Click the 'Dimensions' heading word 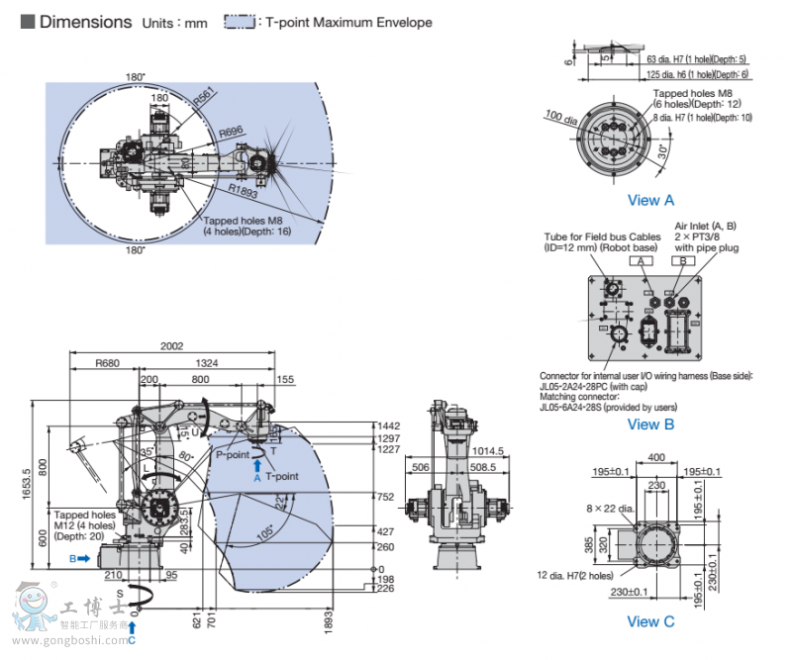(85, 21)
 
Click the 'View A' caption (650, 200)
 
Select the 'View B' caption (650, 424)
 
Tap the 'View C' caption (650, 621)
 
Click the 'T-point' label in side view (282, 476)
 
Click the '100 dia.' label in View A (561, 118)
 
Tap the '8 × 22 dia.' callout (608, 508)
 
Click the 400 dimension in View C (656, 457)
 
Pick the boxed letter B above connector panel (682, 261)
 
